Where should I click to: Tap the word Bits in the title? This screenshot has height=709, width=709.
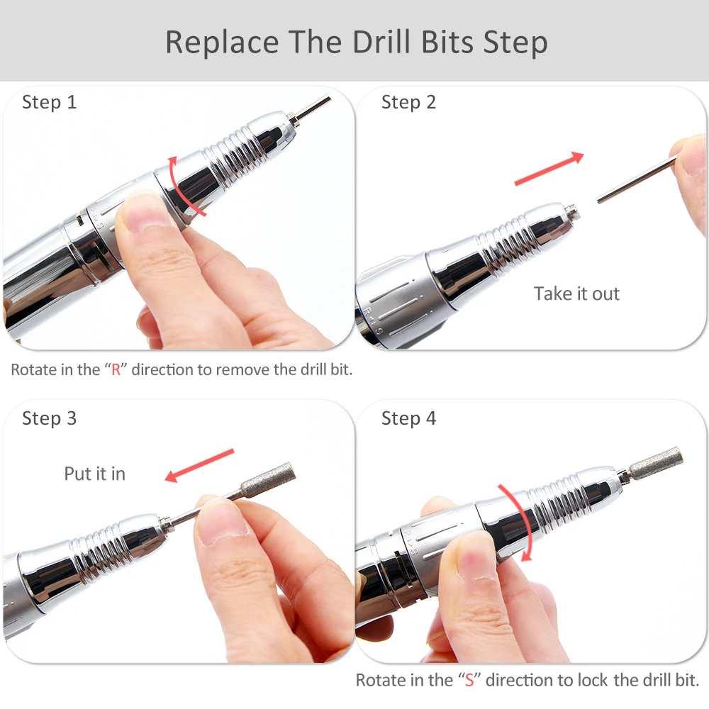click(x=447, y=42)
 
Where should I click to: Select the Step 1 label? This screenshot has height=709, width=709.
click(x=50, y=103)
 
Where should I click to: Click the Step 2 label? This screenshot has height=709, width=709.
click(x=409, y=103)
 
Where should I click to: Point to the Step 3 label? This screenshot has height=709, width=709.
click(x=50, y=419)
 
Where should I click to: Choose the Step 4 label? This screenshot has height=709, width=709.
click(x=409, y=419)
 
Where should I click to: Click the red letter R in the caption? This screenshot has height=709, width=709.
click(x=116, y=370)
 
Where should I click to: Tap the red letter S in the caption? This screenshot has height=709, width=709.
click(x=469, y=680)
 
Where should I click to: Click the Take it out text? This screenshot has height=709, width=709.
click(x=576, y=294)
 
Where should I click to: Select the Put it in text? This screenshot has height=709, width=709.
click(x=95, y=474)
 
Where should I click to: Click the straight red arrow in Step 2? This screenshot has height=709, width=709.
click(x=549, y=169)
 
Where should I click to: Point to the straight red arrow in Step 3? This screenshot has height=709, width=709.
click(x=199, y=465)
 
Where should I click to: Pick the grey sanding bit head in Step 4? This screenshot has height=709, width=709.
click(x=656, y=463)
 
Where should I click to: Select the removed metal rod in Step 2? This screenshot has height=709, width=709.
click(x=637, y=179)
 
